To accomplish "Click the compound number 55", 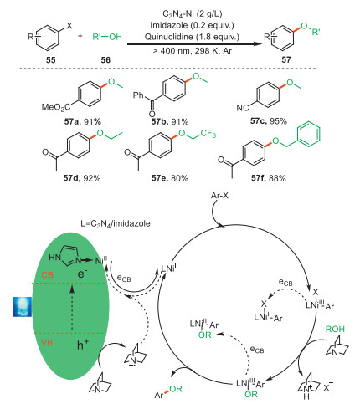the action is [51, 59].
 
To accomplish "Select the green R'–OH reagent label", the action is [107, 37].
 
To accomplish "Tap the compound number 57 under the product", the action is [286, 59].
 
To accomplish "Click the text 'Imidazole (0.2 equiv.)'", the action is [192, 25].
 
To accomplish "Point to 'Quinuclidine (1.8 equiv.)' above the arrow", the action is [192, 37].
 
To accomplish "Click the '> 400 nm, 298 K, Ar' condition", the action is [193, 50].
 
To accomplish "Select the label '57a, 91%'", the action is [83, 121].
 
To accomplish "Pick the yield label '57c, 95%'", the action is [269, 121].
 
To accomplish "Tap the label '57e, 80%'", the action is [170, 178].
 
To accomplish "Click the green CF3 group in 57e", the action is [208, 134].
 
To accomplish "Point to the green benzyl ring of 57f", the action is [308, 134].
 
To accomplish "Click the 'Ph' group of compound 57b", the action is [138, 95].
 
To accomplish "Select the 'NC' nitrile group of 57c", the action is [243, 108].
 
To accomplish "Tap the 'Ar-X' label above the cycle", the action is [219, 196].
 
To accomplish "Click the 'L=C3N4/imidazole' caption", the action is [116, 223].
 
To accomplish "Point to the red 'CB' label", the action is [47, 275].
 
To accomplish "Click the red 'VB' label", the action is [47, 343].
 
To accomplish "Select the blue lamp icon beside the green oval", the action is [23, 307].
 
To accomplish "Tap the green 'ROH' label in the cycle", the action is [335, 330].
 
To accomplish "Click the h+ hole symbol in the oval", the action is [83, 345].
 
